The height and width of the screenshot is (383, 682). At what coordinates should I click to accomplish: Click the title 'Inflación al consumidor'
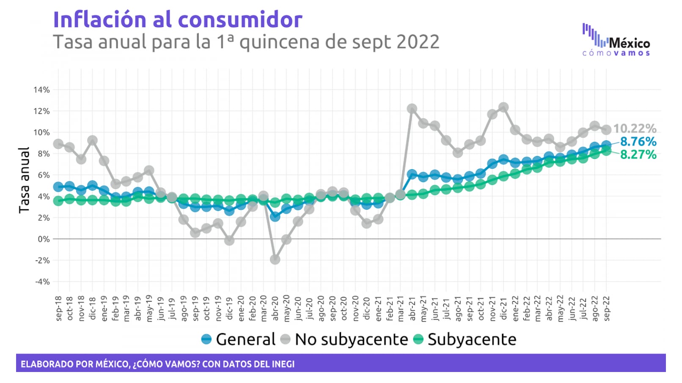(178, 19)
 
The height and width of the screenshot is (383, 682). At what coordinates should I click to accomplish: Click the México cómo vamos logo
(616, 41)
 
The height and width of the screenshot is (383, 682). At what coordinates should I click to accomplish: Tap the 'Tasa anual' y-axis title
(24, 180)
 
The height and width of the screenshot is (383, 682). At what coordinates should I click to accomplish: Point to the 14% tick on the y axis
(41, 90)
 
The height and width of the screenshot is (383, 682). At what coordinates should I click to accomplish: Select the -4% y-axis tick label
(42, 282)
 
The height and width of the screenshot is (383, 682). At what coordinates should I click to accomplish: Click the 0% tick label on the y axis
(43, 239)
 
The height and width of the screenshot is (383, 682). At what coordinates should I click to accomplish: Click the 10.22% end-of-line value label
(635, 129)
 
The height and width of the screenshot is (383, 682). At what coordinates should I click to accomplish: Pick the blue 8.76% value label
(638, 142)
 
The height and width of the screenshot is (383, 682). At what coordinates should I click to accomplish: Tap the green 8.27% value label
(638, 155)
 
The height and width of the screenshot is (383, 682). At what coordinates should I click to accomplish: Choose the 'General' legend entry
(238, 339)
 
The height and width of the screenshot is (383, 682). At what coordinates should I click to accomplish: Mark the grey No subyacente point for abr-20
(275, 259)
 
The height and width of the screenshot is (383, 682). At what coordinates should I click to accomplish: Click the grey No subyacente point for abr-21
(412, 109)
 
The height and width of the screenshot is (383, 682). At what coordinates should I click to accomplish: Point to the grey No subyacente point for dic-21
(503, 107)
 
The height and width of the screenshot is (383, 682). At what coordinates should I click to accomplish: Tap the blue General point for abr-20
(275, 216)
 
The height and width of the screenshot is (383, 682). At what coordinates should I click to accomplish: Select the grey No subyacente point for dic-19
(229, 240)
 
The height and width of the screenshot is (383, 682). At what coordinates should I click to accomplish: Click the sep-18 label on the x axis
(58, 308)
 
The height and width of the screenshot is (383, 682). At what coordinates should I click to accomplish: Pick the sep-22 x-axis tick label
(607, 308)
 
